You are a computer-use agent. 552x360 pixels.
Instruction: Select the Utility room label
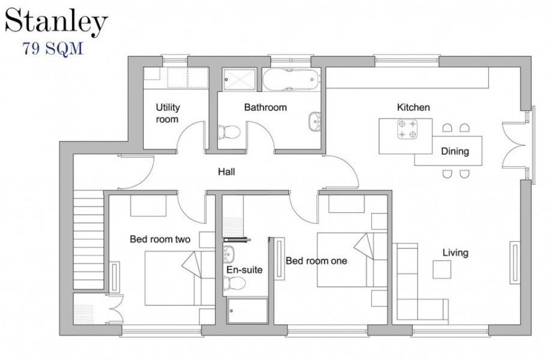click(167, 113)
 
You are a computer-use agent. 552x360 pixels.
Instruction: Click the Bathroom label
click(265, 107)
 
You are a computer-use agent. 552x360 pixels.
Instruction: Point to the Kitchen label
click(413, 107)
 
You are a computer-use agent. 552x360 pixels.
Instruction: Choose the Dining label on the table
click(455, 152)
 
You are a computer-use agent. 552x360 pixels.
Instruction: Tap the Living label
click(455, 253)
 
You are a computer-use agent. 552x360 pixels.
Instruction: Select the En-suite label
click(244, 270)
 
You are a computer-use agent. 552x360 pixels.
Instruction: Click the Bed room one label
click(316, 261)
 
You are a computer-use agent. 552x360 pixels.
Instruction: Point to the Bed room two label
click(160, 239)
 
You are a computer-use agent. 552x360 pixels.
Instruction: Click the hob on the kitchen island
click(407, 130)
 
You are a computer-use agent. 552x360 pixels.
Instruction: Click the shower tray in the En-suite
click(248, 311)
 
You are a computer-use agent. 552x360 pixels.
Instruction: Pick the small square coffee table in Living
click(442, 269)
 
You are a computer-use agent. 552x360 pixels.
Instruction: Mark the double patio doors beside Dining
click(515, 144)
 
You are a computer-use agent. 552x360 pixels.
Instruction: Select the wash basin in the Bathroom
click(314, 119)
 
